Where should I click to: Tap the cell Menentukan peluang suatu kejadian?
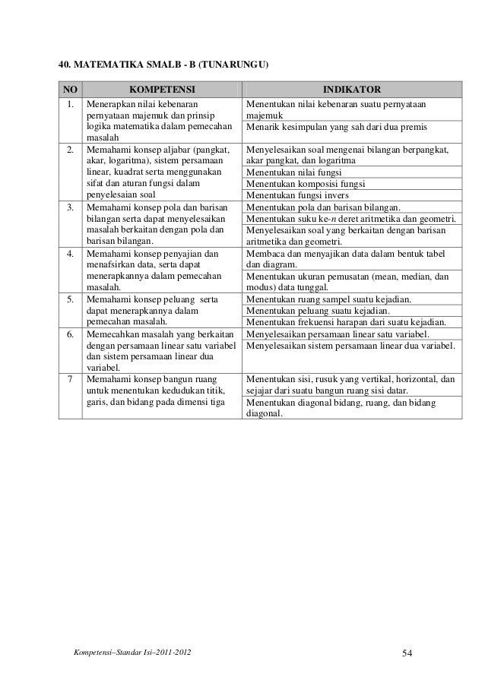(319, 311)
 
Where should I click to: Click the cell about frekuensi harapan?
(347, 322)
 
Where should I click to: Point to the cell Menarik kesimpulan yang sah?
(337, 125)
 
